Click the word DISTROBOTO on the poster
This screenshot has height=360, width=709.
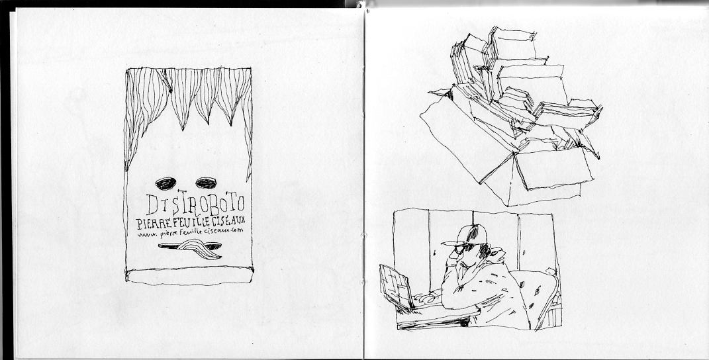[195, 203]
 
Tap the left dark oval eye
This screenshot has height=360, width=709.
[165, 183]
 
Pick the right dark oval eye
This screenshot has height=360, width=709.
[206, 182]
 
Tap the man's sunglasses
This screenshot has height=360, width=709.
[464, 247]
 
